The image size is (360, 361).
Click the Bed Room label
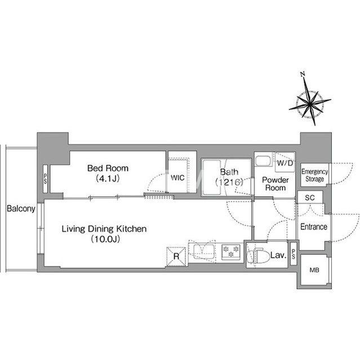click(108, 168)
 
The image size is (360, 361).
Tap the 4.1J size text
click(108, 178)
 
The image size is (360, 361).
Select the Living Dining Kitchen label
click(104, 229)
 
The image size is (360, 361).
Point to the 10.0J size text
click(105, 239)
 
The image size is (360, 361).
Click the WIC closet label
click(177, 178)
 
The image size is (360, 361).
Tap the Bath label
click(229, 171)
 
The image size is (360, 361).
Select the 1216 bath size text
click(229, 182)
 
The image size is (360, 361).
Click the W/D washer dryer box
click(285, 162)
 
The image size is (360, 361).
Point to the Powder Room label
click(275, 184)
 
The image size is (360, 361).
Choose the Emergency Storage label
click(315, 175)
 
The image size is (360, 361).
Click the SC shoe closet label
click(310, 197)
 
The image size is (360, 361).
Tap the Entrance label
click(314, 227)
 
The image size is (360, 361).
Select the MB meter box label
click(314, 270)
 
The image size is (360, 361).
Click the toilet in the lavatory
click(258, 256)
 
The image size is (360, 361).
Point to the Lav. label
click(278, 255)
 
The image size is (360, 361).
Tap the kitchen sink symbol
click(202, 252)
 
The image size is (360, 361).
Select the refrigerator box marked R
click(176, 256)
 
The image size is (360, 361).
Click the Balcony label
click(21, 209)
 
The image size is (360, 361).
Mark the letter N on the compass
click(303, 74)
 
